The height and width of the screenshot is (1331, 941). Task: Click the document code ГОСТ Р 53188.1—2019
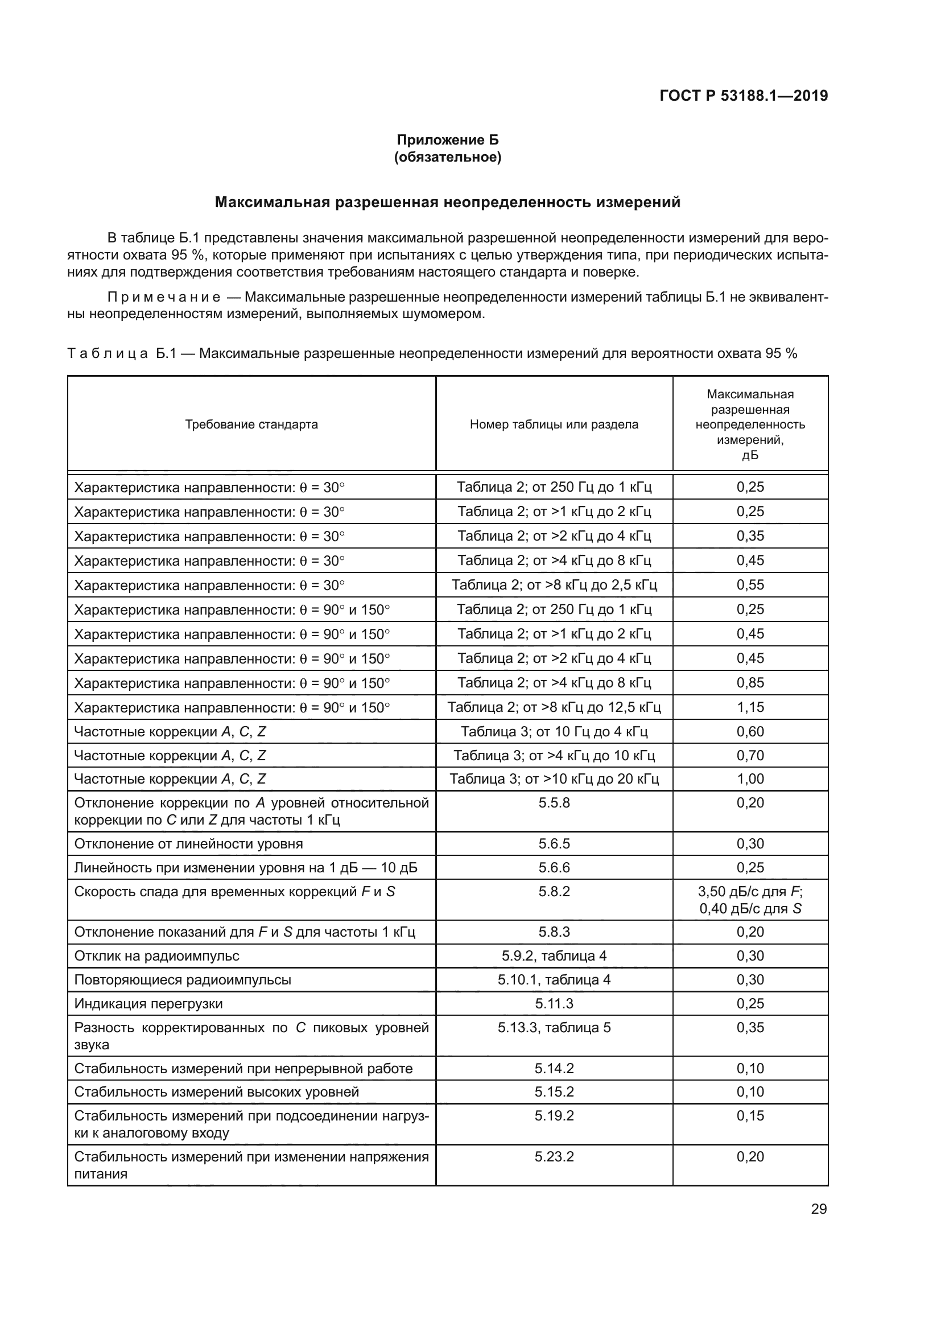[744, 96]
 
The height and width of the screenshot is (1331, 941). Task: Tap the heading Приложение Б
[447, 140]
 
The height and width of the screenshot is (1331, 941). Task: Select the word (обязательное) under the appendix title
[447, 157]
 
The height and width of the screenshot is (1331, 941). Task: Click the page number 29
[819, 1209]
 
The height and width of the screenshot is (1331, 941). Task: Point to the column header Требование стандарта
[251, 425]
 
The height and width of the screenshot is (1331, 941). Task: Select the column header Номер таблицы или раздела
[554, 425]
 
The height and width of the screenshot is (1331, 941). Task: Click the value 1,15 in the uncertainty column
[750, 707]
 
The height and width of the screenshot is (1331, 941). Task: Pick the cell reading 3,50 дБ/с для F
[750, 892]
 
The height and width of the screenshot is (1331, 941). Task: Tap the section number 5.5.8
[554, 803]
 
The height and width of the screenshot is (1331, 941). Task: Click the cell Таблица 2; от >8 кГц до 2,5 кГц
[554, 585]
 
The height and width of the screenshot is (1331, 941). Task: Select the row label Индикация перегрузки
[148, 1003]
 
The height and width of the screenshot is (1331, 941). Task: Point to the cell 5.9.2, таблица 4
[554, 956]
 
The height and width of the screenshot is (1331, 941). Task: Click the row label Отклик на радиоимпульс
[156, 956]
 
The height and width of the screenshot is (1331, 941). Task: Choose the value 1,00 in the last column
[750, 779]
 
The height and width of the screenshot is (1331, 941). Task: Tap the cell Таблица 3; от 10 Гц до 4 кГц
[554, 732]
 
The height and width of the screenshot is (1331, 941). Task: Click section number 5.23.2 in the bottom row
[554, 1156]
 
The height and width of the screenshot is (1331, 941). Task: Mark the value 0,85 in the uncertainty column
[750, 683]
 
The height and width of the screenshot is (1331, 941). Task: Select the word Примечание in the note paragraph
[164, 298]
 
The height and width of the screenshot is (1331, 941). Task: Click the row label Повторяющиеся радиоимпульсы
[183, 980]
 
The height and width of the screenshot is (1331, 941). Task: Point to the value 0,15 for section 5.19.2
[750, 1116]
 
